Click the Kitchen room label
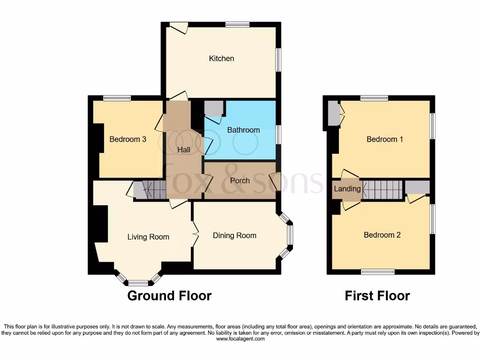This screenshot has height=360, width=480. (x=221, y=59)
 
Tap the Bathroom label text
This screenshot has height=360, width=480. (x=243, y=130)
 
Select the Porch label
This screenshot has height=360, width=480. (x=240, y=180)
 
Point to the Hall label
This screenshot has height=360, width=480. (x=184, y=150)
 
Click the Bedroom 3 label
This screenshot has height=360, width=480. (x=128, y=139)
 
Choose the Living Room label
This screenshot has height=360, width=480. (x=148, y=237)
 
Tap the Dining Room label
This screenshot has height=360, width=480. (x=234, y=235)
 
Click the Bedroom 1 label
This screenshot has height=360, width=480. (x=384, y=139)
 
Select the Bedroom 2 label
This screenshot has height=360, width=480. (x=382, y=235)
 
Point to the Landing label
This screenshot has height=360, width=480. (x=347, y=189)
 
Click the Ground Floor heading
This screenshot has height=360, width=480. (x=169, y=296)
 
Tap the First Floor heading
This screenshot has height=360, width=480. (x=377, y=296)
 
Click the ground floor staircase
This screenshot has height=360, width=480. (x=149, y=190)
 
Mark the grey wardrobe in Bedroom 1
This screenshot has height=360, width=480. (x=333, y=113)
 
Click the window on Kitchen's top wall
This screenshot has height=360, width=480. (x=237, y=24)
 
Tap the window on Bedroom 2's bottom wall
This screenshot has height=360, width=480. (x=378, y=271)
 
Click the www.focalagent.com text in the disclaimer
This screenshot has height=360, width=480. (x=240, y=339)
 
